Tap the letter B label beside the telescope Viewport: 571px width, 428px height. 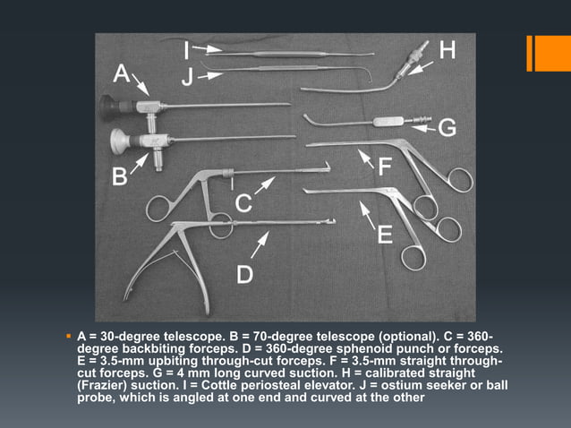tap(119, 177)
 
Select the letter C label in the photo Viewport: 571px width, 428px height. tap(243, 205)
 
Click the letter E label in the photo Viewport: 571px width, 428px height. tap(384, 235)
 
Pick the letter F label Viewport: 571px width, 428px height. tap(386, 167)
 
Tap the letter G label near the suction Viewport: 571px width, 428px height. tap(447, 129)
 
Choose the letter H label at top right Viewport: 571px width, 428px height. tap(447, 52)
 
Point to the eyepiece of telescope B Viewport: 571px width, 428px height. tap(117, 140)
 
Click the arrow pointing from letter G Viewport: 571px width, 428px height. tap(423, 129)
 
